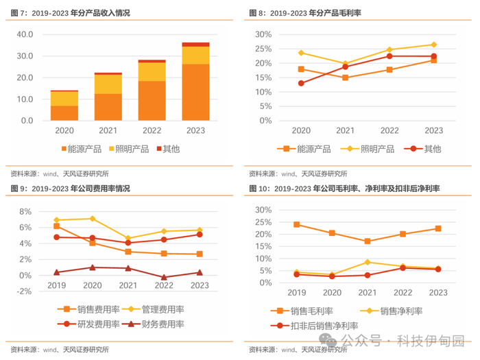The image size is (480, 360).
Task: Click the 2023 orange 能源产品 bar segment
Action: (x=195, y=92)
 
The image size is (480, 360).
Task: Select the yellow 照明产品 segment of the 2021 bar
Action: (x=108, y=84)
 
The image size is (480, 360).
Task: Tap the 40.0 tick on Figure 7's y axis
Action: (x=25, y=34)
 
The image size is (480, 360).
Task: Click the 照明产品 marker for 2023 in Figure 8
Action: (x=433, y=45)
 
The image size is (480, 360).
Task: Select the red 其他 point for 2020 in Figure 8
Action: (x=301, y=83)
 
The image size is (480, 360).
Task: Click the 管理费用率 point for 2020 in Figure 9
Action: (x=92, y=219)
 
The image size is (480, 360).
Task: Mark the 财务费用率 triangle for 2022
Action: (x=164, y=278)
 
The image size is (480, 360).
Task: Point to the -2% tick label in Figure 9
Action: (x=23, y=291)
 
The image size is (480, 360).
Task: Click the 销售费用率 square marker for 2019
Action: (x=56, y=226)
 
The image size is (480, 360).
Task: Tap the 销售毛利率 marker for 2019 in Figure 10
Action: (x=296, y=224)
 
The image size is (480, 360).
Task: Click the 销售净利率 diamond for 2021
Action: (x=367, y=262)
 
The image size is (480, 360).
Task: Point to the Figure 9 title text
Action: (x=70, y=188)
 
